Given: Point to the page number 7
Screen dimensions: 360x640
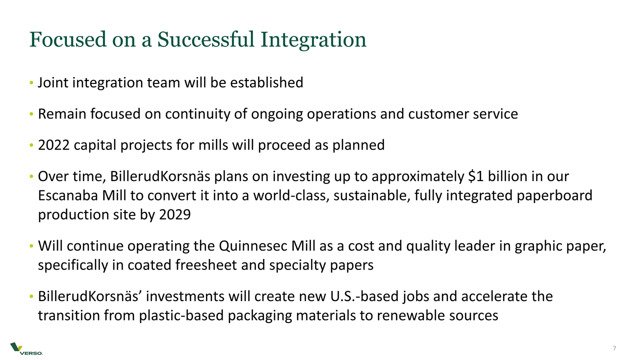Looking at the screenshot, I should [614, 348].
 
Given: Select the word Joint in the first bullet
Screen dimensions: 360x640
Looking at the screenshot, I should [53, 82].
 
